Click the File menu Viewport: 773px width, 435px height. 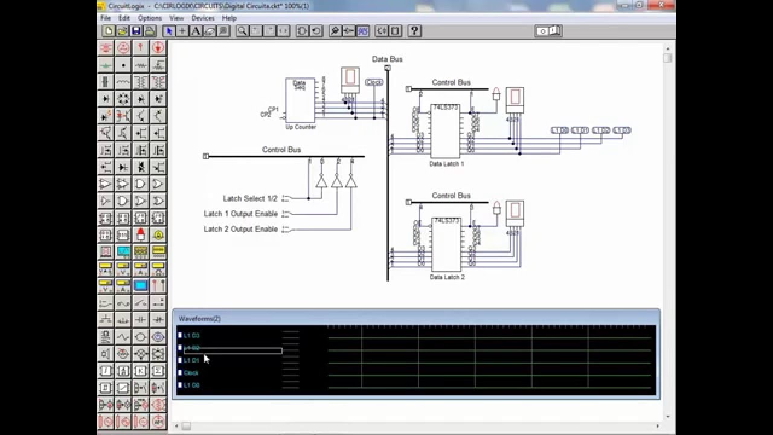click(106, 18)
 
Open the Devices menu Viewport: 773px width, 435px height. click(203, 18)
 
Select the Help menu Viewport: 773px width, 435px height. click(229, 18)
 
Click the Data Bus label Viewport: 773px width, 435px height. click(387, 59)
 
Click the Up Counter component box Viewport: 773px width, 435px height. click(300, 101)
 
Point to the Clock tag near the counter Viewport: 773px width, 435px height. click(374, 82)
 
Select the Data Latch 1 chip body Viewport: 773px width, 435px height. click(445, 131)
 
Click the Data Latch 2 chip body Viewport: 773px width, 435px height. click(446, 245)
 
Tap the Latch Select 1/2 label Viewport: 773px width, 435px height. click(250, 198)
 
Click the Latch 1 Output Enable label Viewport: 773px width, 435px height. click(240, 214)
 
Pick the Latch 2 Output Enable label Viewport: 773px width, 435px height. click(240, 229)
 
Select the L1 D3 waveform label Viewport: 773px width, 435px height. click(191, 335)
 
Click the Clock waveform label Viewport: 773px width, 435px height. click(191, 373)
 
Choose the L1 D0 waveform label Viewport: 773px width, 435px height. click(191, 385)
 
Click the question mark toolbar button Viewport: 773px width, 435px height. click(414, 31)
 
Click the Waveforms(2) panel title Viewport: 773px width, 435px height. click(199, 318)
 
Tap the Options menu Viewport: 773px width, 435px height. click(149, 18)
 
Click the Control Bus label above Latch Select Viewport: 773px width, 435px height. click(281, 150)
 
